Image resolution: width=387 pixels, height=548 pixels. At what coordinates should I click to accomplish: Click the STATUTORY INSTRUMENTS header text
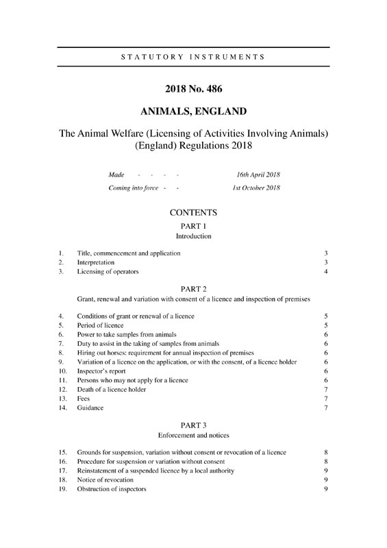click(x=193, y=56)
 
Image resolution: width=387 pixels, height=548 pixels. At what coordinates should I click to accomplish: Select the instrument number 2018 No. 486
click(x=193, y=88)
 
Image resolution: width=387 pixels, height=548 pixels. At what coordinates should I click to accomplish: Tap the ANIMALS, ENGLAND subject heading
click(x=193, y=111)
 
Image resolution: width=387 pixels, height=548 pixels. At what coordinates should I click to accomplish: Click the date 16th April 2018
click(x=258, y=175)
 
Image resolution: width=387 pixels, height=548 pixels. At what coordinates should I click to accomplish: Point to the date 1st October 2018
click(x=257, y=188)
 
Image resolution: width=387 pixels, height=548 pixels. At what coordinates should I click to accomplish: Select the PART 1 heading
click(x=193, y=226)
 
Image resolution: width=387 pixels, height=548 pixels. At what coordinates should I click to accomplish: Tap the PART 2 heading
click(x=193, y=288)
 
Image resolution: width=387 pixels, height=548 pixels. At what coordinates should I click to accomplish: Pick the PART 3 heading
click(x=193, y=424)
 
